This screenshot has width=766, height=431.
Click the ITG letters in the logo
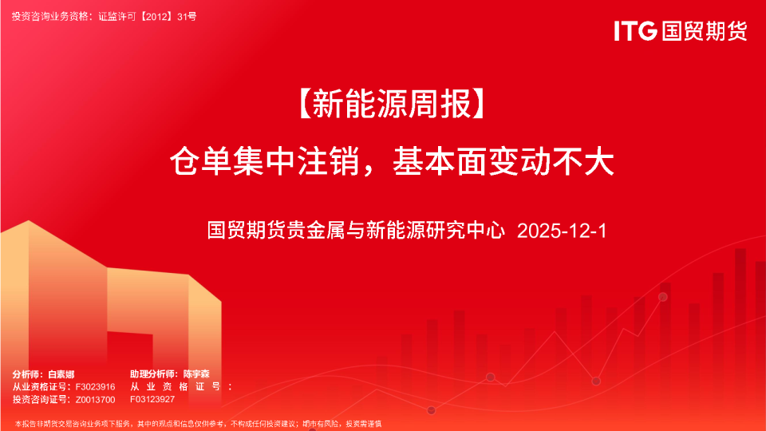(x=635, y=31)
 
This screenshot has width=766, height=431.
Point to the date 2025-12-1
(x=563, y=231)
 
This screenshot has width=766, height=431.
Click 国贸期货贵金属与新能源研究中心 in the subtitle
(x=357, y=231)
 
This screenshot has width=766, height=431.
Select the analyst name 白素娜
(x=61, y=374)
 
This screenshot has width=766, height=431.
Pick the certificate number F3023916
(x=95, y=386)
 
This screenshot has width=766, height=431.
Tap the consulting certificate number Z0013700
(x=95, y=399)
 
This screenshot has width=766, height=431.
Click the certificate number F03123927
(x=152, y=399)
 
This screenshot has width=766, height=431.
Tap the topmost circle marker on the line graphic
(x=662, y=297)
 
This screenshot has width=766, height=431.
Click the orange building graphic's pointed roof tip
(x=28, y=221)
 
